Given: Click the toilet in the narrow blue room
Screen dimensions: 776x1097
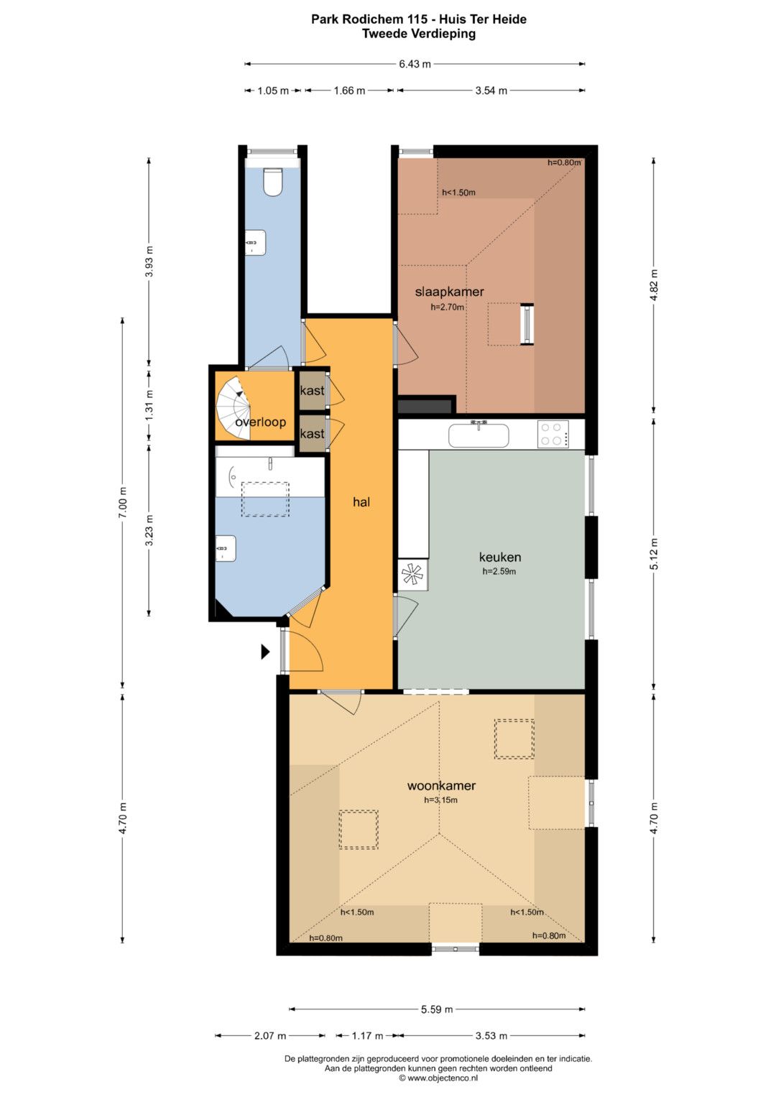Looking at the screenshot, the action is [273, 182].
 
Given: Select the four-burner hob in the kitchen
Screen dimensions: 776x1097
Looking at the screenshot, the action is [553, 434].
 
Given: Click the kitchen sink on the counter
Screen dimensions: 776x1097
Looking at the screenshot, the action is [478, 435].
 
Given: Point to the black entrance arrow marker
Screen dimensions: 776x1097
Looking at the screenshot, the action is [265, 652].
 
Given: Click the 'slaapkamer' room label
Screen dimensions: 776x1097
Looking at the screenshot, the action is [449, 292].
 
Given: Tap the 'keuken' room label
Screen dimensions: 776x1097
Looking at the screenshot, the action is [499, 557].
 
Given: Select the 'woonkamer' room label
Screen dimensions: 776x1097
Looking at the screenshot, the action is [441, 785].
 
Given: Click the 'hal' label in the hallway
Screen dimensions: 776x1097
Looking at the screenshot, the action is [361, 501].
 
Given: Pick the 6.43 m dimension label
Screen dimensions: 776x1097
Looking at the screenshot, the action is [415, 64].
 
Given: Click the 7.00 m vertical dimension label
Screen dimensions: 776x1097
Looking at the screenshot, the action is [123, 503].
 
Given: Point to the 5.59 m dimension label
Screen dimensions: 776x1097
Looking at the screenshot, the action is [437, 1009].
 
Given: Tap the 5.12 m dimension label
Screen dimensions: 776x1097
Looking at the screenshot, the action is [654, 554].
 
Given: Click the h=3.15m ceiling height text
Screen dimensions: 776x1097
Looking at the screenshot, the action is [441, 800].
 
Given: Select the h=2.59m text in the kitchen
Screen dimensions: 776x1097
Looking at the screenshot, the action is [499, 571].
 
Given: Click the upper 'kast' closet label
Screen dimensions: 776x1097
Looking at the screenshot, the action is [312, 390].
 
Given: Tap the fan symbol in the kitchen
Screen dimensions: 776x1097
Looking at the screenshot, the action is [412, 575].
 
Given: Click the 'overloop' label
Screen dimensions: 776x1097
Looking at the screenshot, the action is [261, 422].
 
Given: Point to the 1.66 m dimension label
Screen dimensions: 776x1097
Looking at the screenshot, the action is [349, 91].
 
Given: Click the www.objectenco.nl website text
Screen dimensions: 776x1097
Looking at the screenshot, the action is [443, 1078].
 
